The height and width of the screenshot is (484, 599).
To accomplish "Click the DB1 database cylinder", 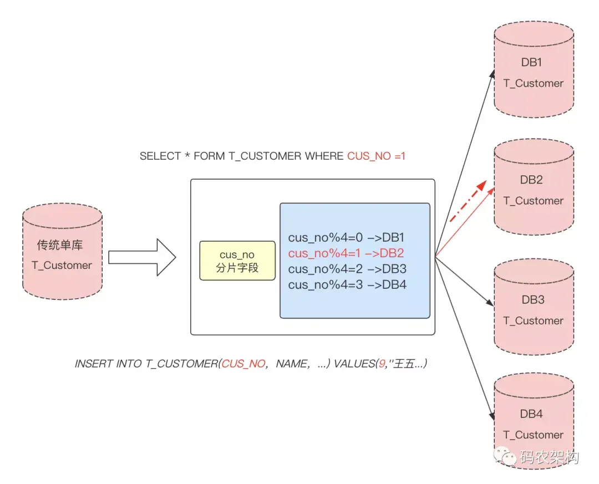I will pos(533,72).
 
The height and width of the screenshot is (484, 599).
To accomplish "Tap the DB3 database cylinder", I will pos(533,309).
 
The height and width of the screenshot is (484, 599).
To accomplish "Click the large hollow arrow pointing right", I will pos(142,257).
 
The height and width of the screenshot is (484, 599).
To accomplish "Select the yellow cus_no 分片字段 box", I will pos(237,261).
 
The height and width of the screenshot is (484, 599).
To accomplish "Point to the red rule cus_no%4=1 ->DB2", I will pos(346,253).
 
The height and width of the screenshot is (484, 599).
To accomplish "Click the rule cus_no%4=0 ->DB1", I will pos(346,238).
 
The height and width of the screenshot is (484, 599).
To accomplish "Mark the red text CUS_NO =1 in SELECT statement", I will pos(377,156).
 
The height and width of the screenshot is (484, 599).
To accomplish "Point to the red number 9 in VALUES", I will pos(382,364).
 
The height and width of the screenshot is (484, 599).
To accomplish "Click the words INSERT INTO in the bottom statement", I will pos(109,364).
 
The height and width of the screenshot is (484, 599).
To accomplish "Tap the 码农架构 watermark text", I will pos(550,457).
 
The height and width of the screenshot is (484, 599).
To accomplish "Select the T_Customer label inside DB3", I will pos(533,320).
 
